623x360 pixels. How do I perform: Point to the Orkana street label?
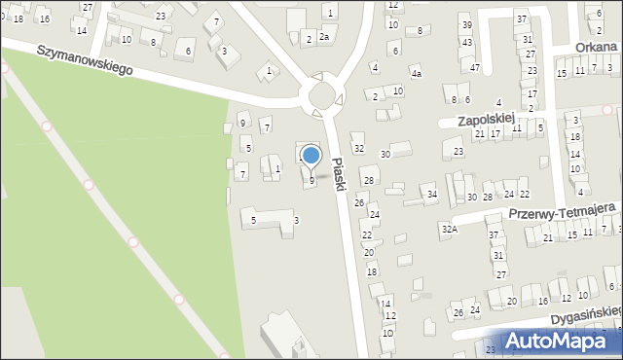(x=595, y=46)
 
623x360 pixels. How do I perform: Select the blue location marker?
(x=311, y=155)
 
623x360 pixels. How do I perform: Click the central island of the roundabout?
(x=321, y=94)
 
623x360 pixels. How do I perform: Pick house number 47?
(x=474, y=67)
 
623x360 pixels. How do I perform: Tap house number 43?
(x=467, y=43)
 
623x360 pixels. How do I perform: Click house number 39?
(x=466, y=24)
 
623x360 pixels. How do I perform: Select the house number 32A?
(x=448, y=229)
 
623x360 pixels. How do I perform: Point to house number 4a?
(x=416, y=73)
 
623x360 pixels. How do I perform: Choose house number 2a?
(x=324, y=37)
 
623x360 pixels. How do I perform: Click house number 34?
(x=431, y=195)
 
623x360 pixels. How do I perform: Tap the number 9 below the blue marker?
(x=311, y=180)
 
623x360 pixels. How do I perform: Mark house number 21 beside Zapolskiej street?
(x=479, y=133)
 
